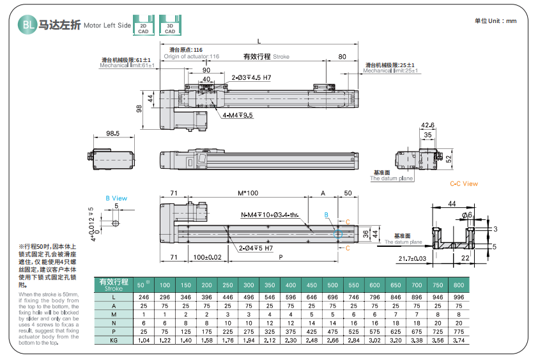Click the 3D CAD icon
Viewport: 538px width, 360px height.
tap(170, 25)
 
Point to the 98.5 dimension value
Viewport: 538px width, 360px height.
tap(112, 133)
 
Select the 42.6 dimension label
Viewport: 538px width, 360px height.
tap(427, 125)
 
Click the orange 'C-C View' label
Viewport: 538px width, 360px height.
tap(464, 184)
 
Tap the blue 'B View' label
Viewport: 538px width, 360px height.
tap(116, 198)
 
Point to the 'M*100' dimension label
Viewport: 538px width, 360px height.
tap(248, 192)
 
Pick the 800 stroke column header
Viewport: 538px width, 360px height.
tap(459, 284)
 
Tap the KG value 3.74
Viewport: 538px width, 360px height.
tap(459, 342)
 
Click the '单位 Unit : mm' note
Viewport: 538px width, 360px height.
tap(495, 21)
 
